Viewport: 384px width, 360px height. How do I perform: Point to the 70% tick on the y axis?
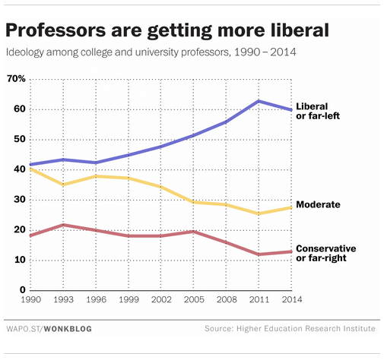(16, 79)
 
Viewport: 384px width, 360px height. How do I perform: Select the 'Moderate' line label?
(318, 205)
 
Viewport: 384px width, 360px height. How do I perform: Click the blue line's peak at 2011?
(259, 101)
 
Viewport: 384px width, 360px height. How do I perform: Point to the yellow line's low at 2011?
(259, 213)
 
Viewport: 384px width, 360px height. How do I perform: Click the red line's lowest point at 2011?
(259, 254)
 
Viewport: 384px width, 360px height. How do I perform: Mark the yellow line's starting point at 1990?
(30, 169)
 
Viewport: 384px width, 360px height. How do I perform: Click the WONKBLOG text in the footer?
(68, 328)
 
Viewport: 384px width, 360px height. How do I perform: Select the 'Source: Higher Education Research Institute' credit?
(290, 328)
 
